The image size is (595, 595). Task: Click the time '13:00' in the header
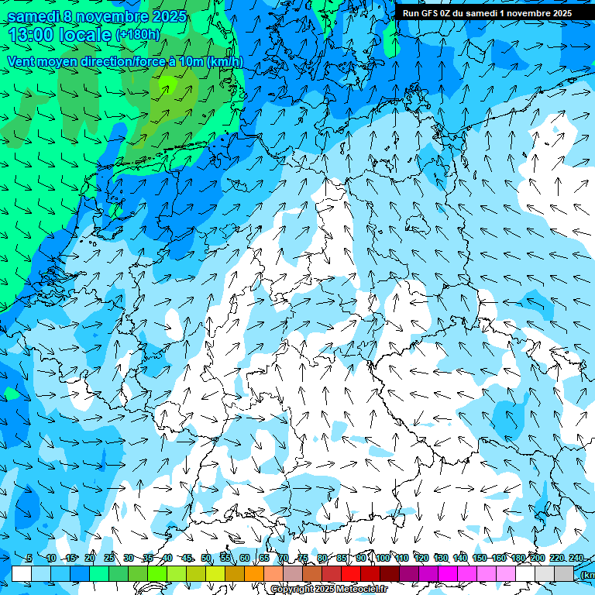[31, 34]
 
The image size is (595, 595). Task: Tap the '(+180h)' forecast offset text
[138, 34]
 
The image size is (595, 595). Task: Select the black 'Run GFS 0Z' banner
[487, 13]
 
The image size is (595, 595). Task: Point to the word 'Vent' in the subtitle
[21, 62]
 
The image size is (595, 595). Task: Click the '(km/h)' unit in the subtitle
[225, 62]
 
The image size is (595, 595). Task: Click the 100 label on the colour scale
[382, 558]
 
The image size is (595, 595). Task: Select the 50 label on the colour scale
[206, 558]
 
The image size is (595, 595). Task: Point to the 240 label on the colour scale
[576, 558]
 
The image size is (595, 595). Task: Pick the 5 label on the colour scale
[29, 558]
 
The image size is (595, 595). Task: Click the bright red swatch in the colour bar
[351, 573]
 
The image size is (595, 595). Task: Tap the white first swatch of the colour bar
[22, 573]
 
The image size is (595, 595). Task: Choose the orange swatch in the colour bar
[254, 573]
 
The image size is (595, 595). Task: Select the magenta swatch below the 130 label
[448, 573]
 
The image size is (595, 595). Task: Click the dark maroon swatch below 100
[390, 573]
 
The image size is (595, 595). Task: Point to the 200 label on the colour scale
[537, 558]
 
